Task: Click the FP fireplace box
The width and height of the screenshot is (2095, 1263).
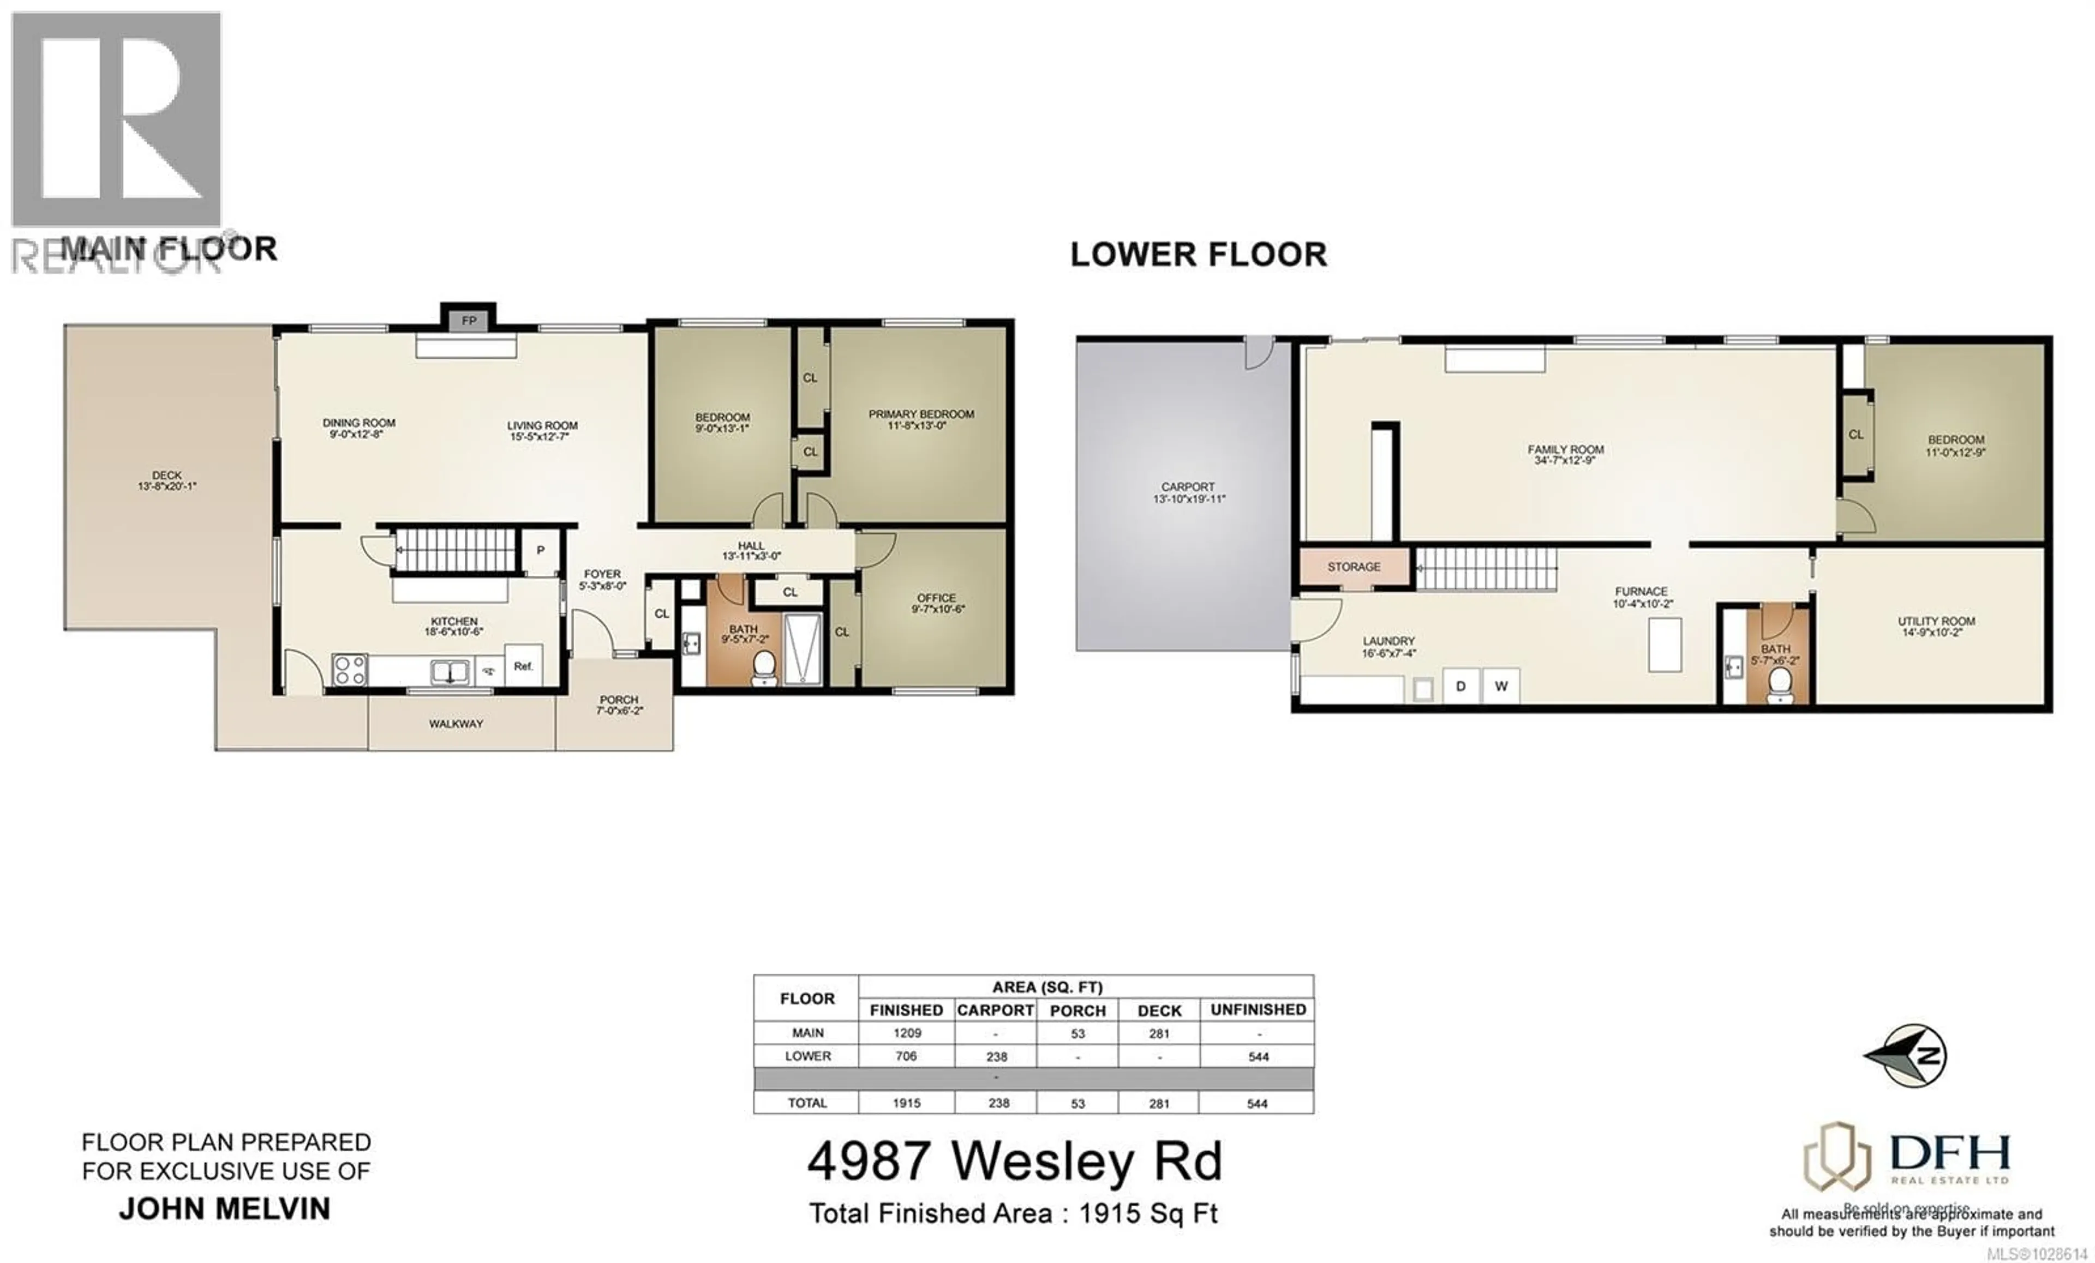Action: [x=469, y=321]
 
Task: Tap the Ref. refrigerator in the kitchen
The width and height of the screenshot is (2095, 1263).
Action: [x=522, y=666]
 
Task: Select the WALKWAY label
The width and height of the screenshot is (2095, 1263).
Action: [x=456, y=724]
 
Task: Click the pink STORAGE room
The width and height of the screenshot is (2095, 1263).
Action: [x=1354, y=567]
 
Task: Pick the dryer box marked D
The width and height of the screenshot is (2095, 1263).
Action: [x=1460, y=686]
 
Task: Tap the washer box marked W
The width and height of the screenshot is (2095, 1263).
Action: [x=1501, y=686]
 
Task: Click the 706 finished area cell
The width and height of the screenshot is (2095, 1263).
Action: [x=906, y=1056]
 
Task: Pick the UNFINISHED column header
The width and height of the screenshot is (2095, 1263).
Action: [x=1258, y=1010]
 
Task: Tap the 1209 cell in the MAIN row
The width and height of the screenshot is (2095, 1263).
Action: [x=906, y=1033]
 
